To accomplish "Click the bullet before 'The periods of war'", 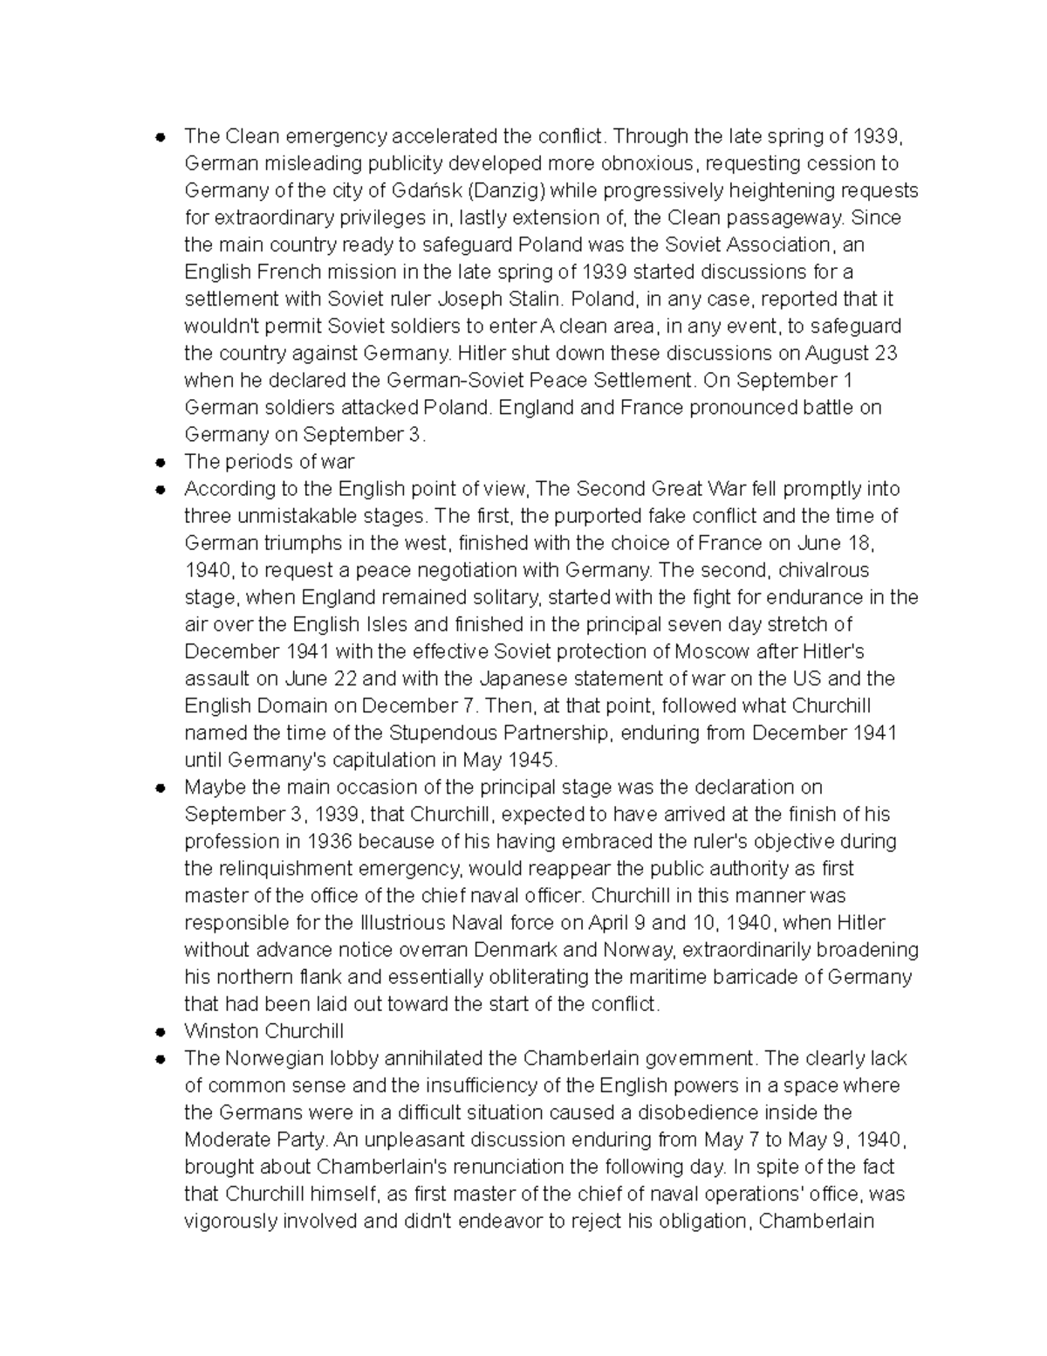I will (161, 462).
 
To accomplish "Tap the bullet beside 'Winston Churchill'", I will (161, 1031).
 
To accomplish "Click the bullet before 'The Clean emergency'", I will (161, 137).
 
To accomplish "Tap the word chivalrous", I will (812, 570).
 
